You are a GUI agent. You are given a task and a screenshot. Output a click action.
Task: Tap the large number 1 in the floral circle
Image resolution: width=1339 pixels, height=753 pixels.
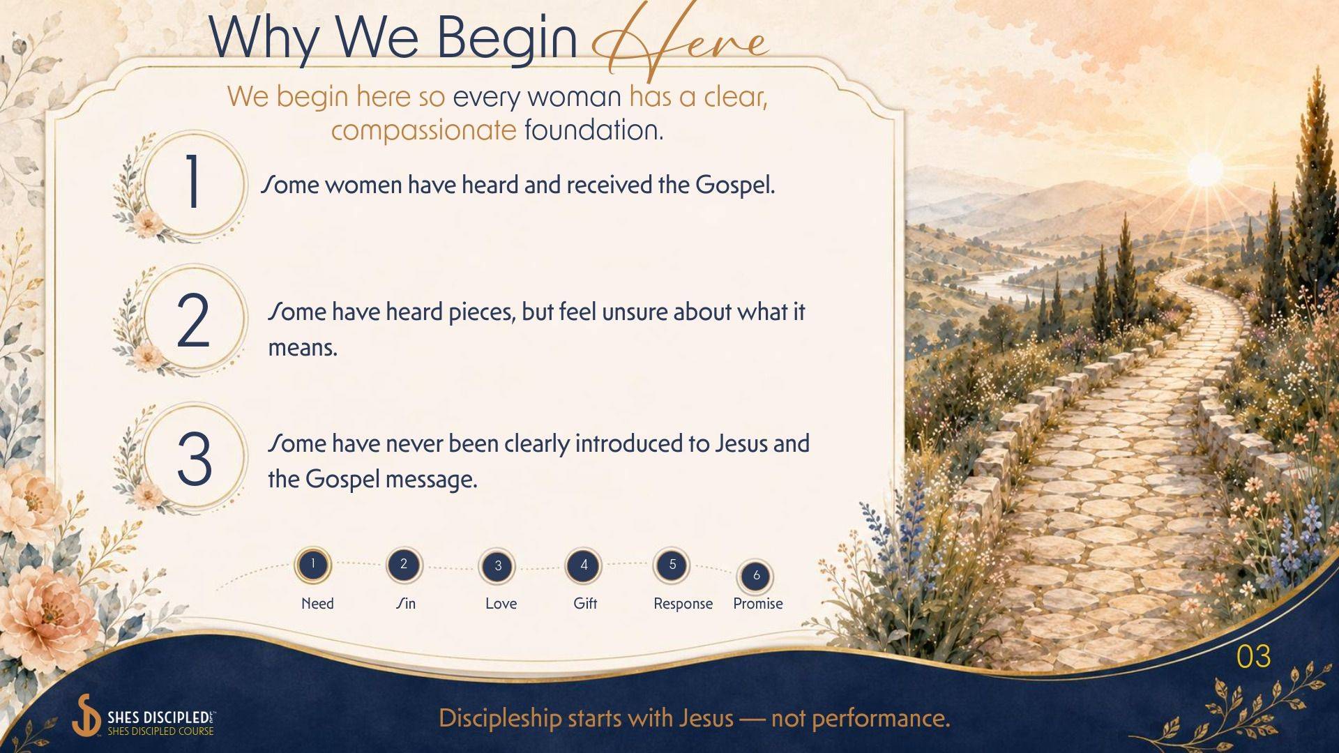click(x=193, y=182)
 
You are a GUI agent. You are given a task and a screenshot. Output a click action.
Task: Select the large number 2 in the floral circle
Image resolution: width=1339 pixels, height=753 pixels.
click(x=193, y=320)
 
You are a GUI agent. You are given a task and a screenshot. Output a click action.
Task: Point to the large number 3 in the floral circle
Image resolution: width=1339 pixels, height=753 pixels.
click(x=195, y=458)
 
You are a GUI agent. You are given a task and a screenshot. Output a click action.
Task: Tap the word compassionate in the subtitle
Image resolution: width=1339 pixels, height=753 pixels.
click(x=423, y=130)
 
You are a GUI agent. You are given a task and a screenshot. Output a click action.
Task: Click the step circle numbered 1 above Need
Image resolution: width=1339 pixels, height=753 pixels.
click(x=313, y=564)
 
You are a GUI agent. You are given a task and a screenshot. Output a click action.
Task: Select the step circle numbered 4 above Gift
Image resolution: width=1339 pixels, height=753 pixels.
click(x=584, y=565)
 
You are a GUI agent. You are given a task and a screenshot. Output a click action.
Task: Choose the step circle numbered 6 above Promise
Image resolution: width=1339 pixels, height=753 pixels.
click(x=756, y=576)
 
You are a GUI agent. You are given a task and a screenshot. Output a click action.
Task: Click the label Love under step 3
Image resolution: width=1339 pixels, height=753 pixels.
click(x=501, y=604)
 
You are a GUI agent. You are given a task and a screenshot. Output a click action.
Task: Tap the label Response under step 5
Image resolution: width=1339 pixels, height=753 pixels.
click(x=683, y=604)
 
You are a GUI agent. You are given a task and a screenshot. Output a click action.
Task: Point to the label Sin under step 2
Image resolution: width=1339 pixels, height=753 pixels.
click(x=405, y=604)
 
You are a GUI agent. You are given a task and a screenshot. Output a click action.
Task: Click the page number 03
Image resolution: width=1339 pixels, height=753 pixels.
click(x=1253, y=657)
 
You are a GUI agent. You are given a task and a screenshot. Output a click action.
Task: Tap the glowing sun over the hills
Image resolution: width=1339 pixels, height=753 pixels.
click(x=1205, y=169)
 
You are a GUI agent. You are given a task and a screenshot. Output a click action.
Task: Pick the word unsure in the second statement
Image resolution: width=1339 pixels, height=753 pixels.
click(x=635, y=312)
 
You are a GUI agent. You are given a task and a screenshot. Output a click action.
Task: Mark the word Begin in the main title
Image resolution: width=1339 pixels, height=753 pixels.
click(x=507, y=38)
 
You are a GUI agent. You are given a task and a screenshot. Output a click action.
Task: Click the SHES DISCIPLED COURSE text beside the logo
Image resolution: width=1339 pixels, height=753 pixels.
click(x=160, y=731)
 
